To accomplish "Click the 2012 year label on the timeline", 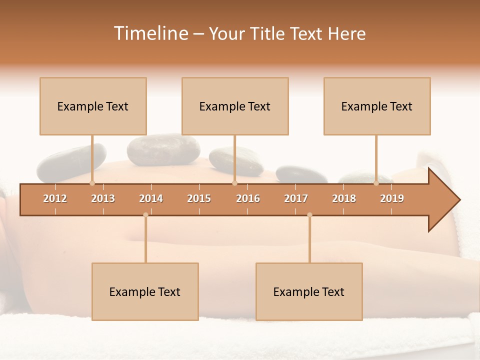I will [x=55, y=198].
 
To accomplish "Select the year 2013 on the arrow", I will [x=103, y=198].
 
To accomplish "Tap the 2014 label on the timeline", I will [x=151, y=198].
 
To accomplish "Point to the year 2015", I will [x=199, y=198].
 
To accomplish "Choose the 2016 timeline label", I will [x=248, y=198].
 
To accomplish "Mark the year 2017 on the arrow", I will [x=296, y=198].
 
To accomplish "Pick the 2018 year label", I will [x=344, y=198].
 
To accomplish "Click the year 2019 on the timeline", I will [x=392, y=198].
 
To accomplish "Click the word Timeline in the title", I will [x=150, y=33].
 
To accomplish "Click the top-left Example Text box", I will [x=93, y=106].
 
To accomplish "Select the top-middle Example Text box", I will [x=235, y=106].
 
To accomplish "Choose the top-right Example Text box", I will [x=377, y=106].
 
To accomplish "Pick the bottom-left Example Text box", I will [x=145, y=291].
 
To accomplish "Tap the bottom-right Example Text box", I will [x=309, y=291].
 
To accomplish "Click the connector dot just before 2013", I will [x=92, y=183].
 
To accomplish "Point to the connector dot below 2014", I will [x=145, y=215].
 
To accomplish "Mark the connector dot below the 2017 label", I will [x=309, y=215].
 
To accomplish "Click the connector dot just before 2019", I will [x=376, y=183].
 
